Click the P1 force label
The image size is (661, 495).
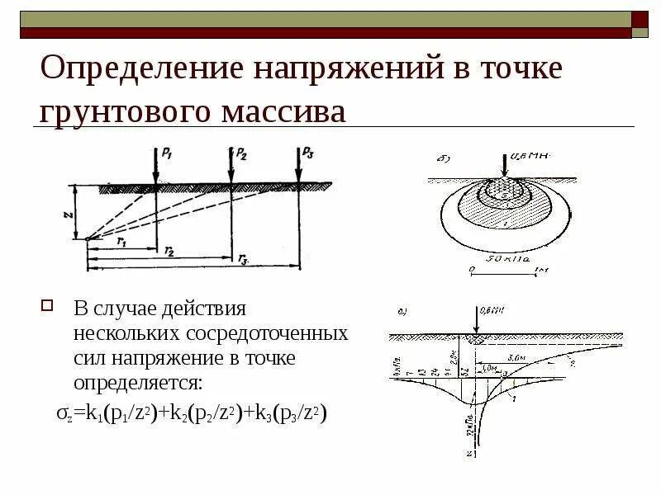[x=167, y=152]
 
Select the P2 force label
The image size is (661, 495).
[x=240, y=153]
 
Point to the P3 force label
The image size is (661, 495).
[x=308, y=152]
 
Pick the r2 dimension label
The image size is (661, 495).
[x=169, y=251]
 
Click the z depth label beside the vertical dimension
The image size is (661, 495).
[x=67, y=212]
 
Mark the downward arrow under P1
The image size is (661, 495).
[x=155, y=169]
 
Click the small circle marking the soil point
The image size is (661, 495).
[x=87, y=239]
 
